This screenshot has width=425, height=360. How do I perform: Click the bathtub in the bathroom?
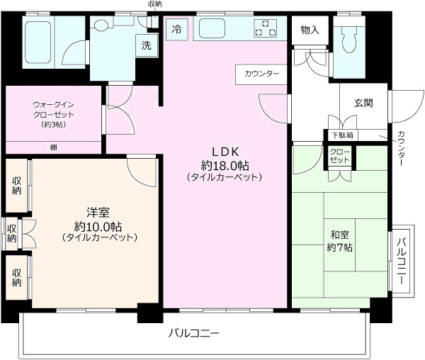coord(38,43)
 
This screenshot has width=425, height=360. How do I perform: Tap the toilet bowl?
coord(348,40)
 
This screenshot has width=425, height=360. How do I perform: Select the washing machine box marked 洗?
coord(147,45)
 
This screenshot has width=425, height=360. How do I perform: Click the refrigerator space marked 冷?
coord(176,30)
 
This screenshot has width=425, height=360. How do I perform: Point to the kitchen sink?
coord(212,28)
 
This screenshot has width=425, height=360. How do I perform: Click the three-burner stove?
coord(266,28)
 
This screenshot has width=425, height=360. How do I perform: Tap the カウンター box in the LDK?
coord(261,74)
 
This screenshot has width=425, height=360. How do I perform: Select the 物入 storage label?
coord(310,30)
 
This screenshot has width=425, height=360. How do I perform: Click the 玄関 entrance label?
coord(363,103)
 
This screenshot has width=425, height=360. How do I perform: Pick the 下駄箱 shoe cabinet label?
coord(343,135)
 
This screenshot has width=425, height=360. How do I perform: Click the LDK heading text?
coord(225,152)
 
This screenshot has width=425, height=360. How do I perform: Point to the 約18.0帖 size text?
coord(225,165)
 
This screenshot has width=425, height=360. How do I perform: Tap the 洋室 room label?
coord(98,213)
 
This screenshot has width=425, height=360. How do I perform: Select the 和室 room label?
coord(339,235)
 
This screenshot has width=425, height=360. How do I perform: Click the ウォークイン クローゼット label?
coord(53,110)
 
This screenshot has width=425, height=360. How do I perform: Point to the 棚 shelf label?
coord(53,147)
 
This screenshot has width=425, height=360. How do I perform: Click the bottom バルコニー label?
coord(194,333)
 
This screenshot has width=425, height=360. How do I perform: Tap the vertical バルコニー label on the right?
coord(402,261)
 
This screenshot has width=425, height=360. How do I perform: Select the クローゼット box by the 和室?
coord(340,157)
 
